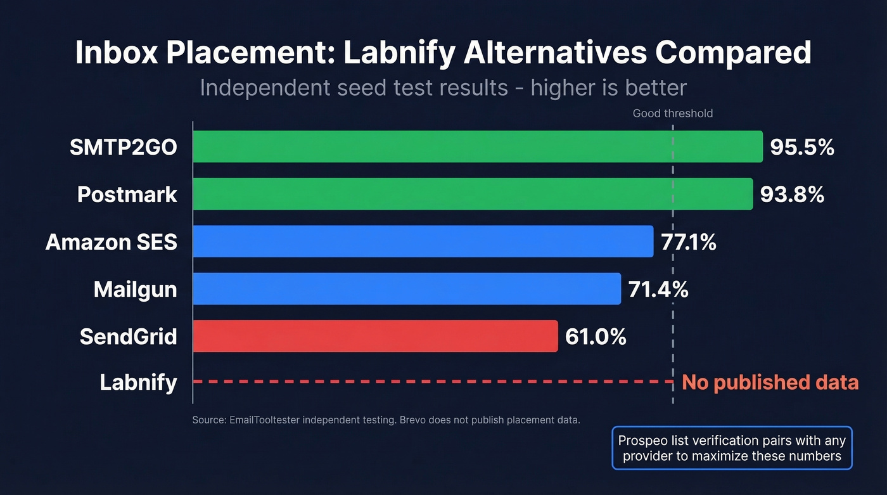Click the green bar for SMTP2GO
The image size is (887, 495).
(x=477, y=146)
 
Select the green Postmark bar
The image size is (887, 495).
(x=472, y=194)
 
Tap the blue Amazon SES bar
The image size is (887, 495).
(x=423, y=241)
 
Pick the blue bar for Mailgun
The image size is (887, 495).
(x=406, y=289)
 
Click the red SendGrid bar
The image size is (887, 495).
(x=374, y=336)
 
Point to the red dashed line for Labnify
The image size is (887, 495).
(x=431, y=382)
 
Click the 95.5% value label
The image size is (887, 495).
(x=801, y=147)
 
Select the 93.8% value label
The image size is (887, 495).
(x=792, y=195)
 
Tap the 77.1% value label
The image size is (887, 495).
(x=688, y=242)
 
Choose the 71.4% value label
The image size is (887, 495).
(x=658, y=290)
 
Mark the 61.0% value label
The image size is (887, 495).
(x=595, y=337)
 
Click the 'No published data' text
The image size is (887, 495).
(x=770, y=382)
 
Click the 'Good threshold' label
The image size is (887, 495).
(x=672, y=113)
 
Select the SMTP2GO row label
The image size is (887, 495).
(x=123, y=147)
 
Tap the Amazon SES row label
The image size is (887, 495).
(x=111, y=242)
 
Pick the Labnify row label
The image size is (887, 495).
(x=138, y=383)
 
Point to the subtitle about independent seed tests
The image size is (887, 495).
(x=443, y=87)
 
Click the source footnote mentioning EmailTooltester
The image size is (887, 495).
(x=386, y=420)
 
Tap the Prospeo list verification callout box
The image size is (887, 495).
(x=732, y=448)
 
